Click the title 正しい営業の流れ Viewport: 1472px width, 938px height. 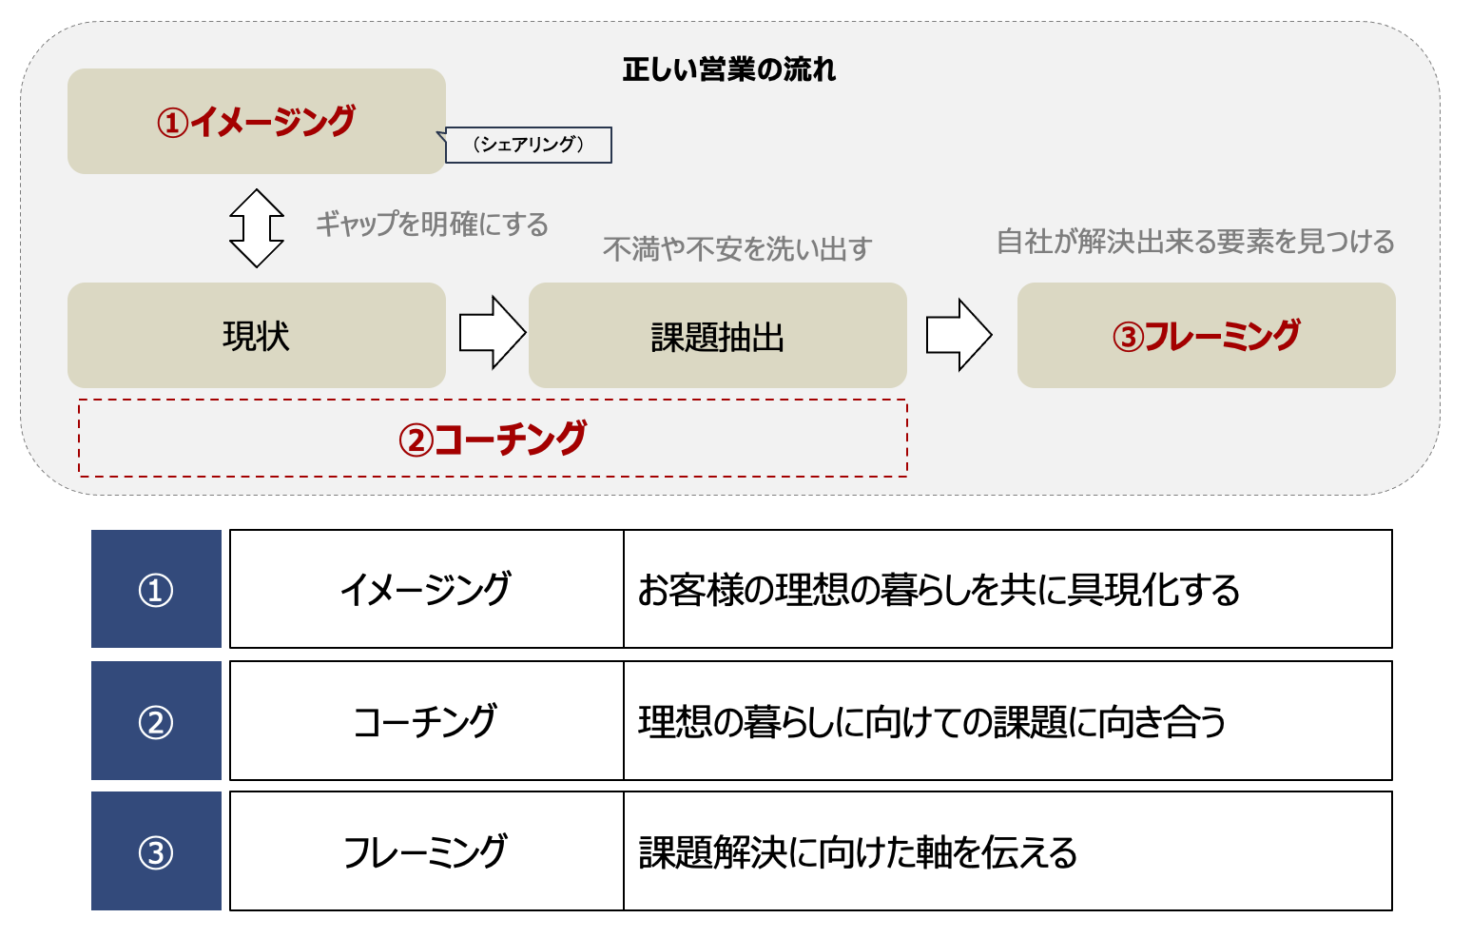point(728,69)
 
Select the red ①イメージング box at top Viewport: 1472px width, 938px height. point(257,121)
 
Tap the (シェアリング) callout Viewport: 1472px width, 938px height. point(528,145)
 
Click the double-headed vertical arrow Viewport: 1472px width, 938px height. point(257,228)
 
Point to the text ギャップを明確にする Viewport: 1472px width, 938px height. point(432,225)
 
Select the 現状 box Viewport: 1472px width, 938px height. point(257,335)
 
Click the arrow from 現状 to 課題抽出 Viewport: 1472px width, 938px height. point(493,333)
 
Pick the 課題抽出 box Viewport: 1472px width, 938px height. point(718,335)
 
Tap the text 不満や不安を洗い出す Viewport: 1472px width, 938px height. point(737,249)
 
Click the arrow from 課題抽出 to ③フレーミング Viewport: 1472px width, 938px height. point(959,335)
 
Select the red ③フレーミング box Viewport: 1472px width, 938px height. point(1206,335)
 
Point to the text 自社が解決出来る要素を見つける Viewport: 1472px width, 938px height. point(1195,242)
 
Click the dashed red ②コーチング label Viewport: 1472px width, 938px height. point(493,438)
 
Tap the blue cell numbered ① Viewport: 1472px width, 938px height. point(156,589)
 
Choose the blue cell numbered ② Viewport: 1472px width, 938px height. point(156,720)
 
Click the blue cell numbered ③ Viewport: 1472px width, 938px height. point(156,851)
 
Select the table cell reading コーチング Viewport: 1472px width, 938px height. point(427,720)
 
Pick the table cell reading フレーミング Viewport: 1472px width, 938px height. point(427,851)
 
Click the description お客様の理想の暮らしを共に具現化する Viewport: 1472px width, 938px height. point(939,589)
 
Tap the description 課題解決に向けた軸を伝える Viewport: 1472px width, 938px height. point(858,851)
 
